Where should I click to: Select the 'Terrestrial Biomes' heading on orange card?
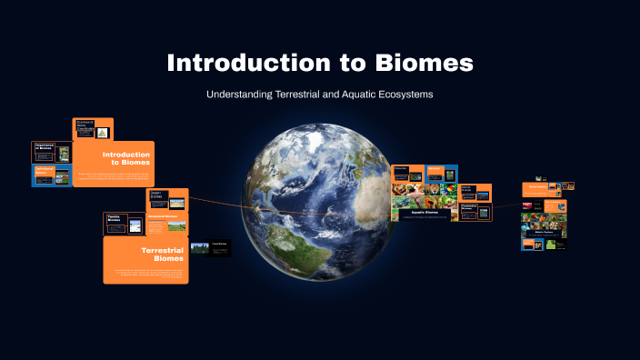coord(163,254)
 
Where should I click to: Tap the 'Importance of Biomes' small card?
coord(51,151)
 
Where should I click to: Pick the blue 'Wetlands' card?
coord(435,172)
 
